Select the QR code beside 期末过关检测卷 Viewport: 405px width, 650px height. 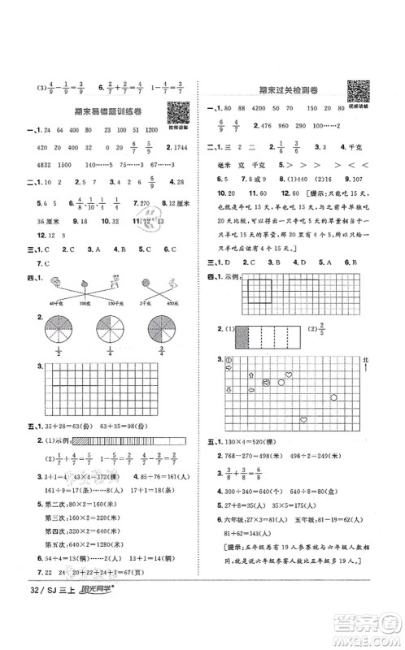point(355,92)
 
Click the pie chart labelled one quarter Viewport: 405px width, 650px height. point(109,332)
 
